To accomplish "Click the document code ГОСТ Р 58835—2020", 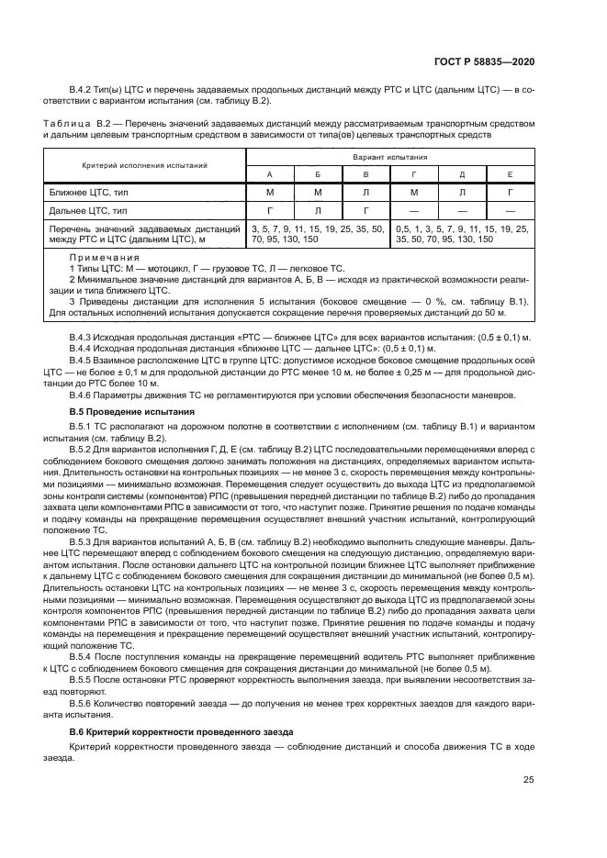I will click(485, 61).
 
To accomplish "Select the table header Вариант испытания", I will click(389, 158).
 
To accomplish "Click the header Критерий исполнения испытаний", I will click(143, 165).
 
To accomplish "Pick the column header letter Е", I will click(510, 173).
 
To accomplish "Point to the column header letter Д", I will click(462, 173).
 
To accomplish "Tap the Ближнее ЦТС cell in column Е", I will click(510, 192).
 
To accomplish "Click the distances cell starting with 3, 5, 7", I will click(317, 233).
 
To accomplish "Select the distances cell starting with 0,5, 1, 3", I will click(461, 233).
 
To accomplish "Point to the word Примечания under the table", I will click(104, 258).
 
